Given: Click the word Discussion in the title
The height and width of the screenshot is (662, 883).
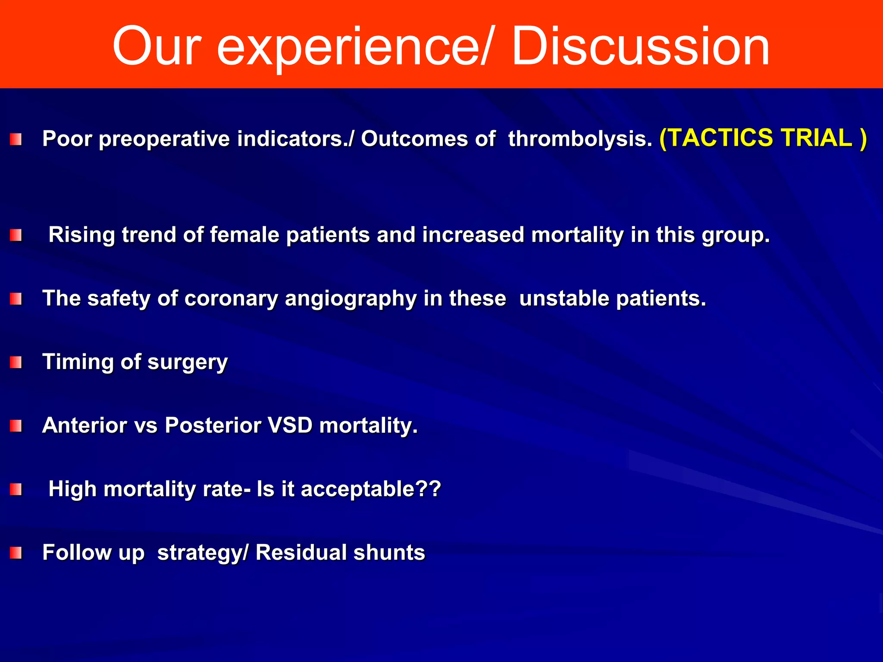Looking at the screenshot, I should [640, 47].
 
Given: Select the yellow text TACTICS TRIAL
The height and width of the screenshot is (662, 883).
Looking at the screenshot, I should [763, 138].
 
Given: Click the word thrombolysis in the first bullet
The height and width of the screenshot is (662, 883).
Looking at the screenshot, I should [580, 139].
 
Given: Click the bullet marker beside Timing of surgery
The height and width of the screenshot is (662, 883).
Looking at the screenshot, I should [16, 362].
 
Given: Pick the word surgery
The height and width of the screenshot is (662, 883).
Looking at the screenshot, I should [187, 362].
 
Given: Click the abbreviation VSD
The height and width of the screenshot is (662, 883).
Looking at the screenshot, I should [290, 425].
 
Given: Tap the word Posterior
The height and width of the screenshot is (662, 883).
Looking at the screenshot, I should [213, 425].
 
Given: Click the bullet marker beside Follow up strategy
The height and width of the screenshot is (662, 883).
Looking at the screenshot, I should [16, 553].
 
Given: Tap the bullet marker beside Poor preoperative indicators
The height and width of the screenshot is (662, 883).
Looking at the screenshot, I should [16, 140].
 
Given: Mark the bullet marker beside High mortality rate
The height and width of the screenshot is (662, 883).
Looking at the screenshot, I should [16, 490].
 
